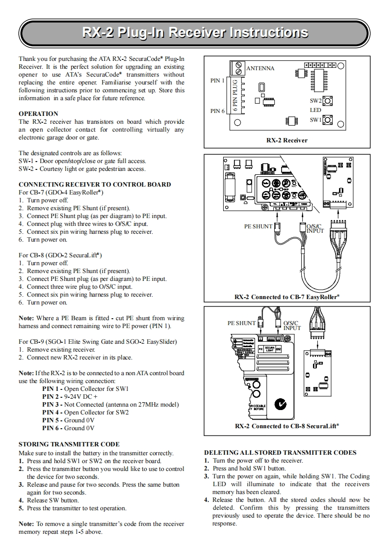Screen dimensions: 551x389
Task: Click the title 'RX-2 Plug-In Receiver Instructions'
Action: [195, 33]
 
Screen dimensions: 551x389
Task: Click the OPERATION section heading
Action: [38, 113]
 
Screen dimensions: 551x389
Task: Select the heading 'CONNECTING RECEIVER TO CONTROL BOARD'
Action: [95, 184]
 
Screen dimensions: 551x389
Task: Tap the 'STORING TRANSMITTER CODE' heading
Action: [69, 444]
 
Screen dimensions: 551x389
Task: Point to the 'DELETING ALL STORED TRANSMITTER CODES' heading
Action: [280, 452]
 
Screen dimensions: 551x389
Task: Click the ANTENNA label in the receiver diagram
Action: [260, 68]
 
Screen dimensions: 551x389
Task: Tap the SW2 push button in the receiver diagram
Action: [328, 101]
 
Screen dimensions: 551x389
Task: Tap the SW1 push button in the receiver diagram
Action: [328, 119]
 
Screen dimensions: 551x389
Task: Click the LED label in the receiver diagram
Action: [315, 110]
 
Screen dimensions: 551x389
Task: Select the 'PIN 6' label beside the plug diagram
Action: [217, 111]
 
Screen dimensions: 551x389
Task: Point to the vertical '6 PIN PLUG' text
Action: [235, 95]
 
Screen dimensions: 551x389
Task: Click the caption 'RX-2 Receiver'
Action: [287, 140]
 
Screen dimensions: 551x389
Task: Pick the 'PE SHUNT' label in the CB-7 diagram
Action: [258, 226]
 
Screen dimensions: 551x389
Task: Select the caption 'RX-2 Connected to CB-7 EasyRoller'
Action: [287, 297]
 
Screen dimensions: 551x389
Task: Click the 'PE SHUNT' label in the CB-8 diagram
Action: [241, 323]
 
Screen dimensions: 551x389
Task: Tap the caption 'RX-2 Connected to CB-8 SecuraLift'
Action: [287, 426]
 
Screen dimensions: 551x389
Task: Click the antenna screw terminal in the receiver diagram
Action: [240, 66]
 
